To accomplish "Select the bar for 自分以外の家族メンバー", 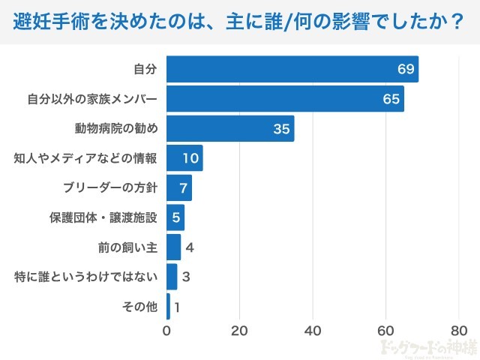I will pyautogui.click(x=285, y=99).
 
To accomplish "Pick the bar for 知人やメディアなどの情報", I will pyautogui.click(x=184, y=158).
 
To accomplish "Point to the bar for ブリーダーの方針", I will pyautogui.click(x=179, y=187).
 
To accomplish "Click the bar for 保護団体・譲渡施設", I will pyautogui.click(x=175, y=217).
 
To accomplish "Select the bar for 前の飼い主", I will pyautogui.click(x=173, y=247).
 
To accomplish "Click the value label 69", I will pyautogui.click(x=406, y=70).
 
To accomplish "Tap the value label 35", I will pyautogui.click(x=281, y=129).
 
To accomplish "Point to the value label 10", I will pyautogui.click(x=190, y=158).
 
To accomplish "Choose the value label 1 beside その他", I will pyautogui.click(x=178, y=307).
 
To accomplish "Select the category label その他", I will pyautogui.click(x=139, y=307).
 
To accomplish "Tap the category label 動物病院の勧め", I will pyautogui.click(x=116, y=128).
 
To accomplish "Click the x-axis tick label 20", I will pyautogui.click(x=239, y=331).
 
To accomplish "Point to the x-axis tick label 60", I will pyautogui.click(x=385, y=331).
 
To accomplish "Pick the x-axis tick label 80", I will pyautogui.click(x=459, y=331).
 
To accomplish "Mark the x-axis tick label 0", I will pyautogui.click(x=166, y=331).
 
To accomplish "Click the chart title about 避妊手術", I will pyautogui.click(x=238, y=22).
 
